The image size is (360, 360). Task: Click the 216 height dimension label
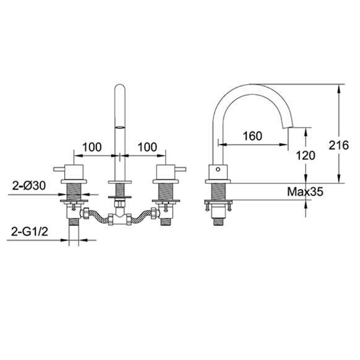(x=338, y=145)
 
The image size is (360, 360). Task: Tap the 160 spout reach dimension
(x=253, y=136)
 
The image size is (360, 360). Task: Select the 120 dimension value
(x=305, y=155)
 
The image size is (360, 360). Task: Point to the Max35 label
(x=305, y=191)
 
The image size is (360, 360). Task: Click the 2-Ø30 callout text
(x=29, y=185)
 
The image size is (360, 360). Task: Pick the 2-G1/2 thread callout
(x=29, y=232)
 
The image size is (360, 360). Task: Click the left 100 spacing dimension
(x=92, y=147)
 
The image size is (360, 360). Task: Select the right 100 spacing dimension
(x=148, y=147)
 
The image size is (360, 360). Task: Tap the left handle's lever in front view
(x=59, y=169)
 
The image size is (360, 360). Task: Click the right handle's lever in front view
(x=180, y=169)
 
